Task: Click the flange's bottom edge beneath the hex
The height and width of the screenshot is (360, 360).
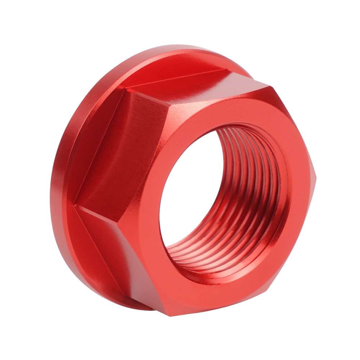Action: pos(137,306)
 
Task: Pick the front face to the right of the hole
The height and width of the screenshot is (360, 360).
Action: pos(299,202)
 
